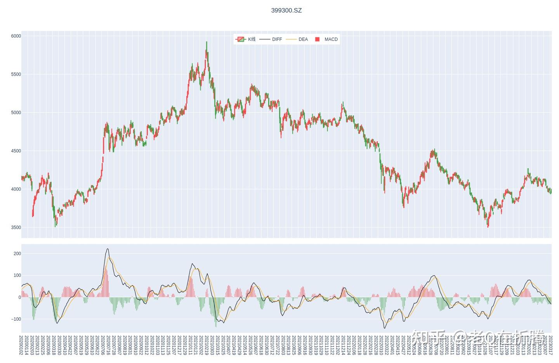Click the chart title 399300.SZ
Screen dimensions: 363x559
pyautogui.click(x=286, y=10)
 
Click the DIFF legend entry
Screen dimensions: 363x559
pyautogui.click(x=271, y=39)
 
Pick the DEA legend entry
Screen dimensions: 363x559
pyautogui.click(x=297, y=39)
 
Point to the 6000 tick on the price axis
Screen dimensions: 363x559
pyautogui.click(x=16, y=36)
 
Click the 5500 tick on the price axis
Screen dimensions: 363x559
pyautogui.click(x=16, y=74)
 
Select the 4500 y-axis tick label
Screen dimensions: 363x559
pyautogui.click(x=16, y=151)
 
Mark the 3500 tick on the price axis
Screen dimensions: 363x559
pyautogui.click(x=16, y=228)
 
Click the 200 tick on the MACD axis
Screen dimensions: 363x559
pyautogui.click(x=17, y=254)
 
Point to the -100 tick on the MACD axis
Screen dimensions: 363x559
pyautogui.click(x=16, y=319)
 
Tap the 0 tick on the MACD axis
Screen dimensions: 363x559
pyautogui.click(x=19, y=297)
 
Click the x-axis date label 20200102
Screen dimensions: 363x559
pyautogui.click(x=21, y=345)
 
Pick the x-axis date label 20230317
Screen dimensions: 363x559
pyautogui.click(x=550, y=345)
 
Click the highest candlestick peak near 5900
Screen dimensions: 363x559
pyautogui.click(x=207, y=42)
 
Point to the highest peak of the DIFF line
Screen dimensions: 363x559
pyautogui.click(x=108, y=249)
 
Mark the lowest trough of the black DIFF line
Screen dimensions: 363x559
pyautogui.click(x=385, y=328)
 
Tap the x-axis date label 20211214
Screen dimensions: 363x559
pyautogui.click(x=343, y=345)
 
